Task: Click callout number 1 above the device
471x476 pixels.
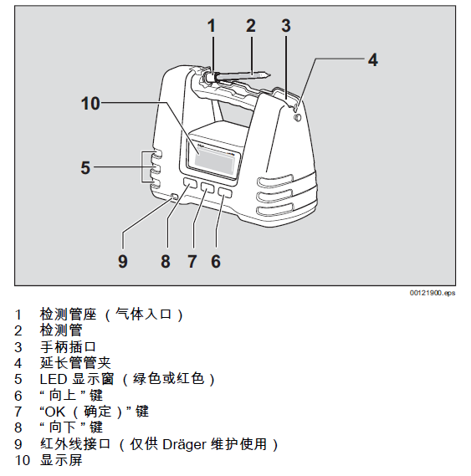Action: [x=212, y=25]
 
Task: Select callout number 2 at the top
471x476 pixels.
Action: [x=250, y=25]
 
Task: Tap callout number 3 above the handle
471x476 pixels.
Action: [x=285, y=25]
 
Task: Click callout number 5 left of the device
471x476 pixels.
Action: [x=85, y=167]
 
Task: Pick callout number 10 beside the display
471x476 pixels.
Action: [x=90, y=103]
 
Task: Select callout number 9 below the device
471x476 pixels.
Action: [x=122, y=261]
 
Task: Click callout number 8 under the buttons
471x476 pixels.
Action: [x=166, y=261]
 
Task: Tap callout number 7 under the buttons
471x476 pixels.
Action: [x=192, y=261]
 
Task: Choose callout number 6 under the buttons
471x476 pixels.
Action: [x=216, y=261]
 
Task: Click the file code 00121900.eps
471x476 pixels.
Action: [x=433, y=293]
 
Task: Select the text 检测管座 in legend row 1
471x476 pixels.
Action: [x=67, y=314]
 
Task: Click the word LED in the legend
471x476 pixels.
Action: [x=52, y=379]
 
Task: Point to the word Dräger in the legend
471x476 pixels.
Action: [x=194, y=444]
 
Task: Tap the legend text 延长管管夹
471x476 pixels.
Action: [x=75, y=363]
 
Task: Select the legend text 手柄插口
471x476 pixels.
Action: [x=68, y=346]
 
